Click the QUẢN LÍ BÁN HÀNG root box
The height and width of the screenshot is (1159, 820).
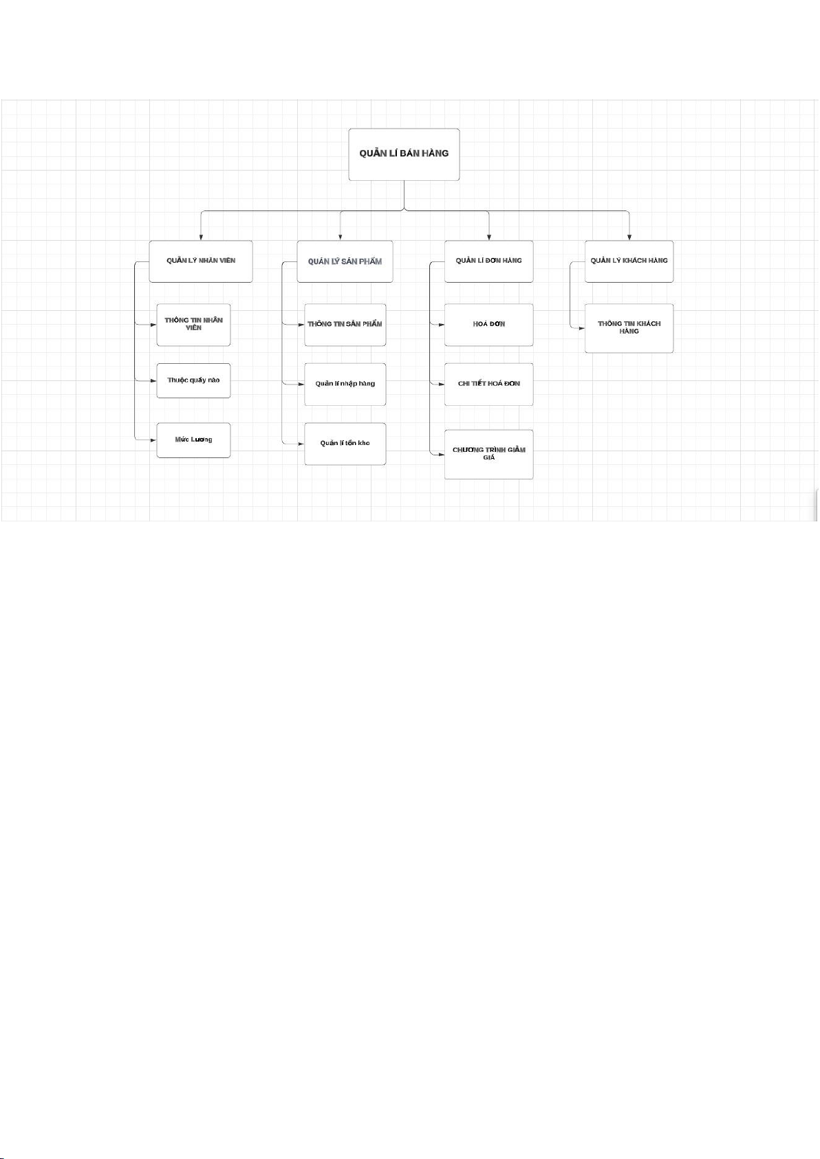pyautogui.click(x=404, y=155)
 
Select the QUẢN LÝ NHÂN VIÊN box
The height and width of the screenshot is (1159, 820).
pyautogui.click(x=201, y=261)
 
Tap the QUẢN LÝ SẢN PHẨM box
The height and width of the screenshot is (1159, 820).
pyautogui.click(x=345, y=261)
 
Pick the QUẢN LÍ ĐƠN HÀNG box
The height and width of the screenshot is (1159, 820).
pyautogui.click(x=489, y=261)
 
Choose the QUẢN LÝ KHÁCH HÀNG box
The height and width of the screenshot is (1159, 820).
pyautogui.click(x=629, y=261)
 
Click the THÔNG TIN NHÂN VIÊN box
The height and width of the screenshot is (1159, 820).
pyautogui.click(x=193, y=325)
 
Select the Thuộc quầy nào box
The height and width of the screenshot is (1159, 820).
pyautogui.click(x=193, y=381)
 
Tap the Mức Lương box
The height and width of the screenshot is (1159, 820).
pyautogui.click(x=193, y=440)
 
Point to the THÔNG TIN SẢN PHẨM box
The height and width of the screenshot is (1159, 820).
pyautogui.click(x=345, y=325)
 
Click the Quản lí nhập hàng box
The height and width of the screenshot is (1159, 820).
pyautogui.click(x=345, y=384)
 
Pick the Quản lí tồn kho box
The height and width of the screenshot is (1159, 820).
pyautogui.click(x=345, y=444)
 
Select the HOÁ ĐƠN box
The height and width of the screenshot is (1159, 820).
pyautogui.click(x=489, y=325)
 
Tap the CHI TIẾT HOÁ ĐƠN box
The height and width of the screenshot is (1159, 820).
pyautogui.click(x=489, y=384)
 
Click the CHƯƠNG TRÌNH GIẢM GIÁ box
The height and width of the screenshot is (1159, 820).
pyautogui.click(x=489, y=454)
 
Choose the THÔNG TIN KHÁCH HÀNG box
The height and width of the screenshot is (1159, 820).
pyautogui.click(x=629, y=329)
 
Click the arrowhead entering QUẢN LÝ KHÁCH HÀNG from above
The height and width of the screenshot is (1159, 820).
pyautogui.click(x=629, y=237)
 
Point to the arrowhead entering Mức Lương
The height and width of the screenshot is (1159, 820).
pyautogui.click(x=153, y=440)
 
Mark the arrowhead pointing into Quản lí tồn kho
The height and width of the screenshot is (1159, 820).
pyautogui.click(x=301, y=444)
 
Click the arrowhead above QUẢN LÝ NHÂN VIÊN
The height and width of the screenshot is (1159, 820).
pyautogui.click(x=201, y=237)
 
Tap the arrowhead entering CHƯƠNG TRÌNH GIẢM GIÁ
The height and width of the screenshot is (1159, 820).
pyautogui.click(x=441, y=454)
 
